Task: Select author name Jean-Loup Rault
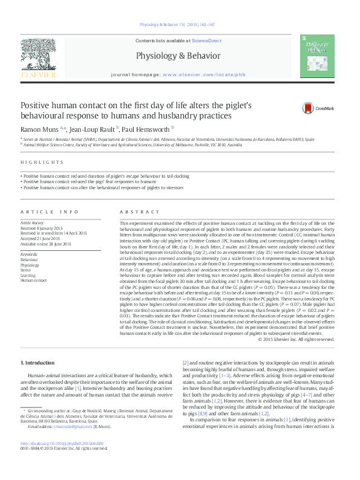(x=91, y=129)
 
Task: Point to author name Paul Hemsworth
(x=145, y=129)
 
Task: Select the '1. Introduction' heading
(x=38, y=362)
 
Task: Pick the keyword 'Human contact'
(x=34, y=280)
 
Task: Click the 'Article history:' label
(x=33, y=222)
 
